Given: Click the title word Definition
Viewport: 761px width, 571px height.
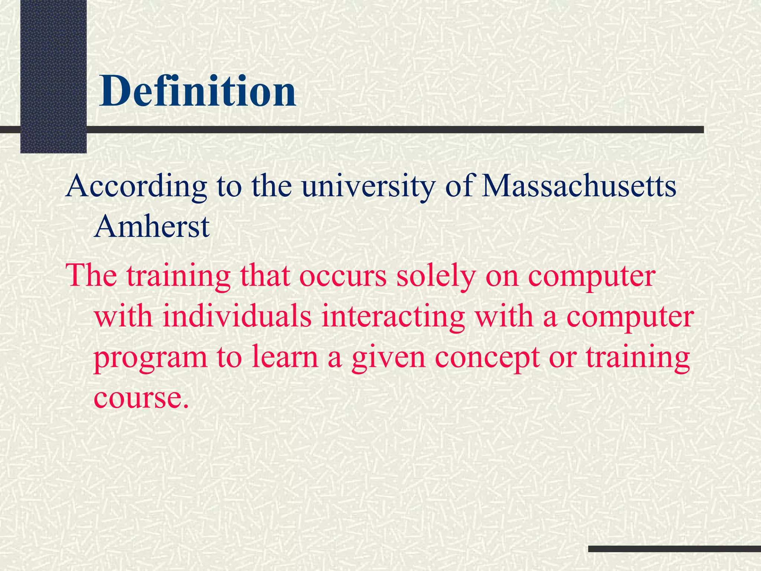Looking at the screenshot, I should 197,91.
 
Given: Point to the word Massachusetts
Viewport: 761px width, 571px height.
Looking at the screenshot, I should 579,186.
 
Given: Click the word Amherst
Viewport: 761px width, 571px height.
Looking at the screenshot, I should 152,226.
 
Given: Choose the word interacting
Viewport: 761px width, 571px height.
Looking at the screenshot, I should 393,317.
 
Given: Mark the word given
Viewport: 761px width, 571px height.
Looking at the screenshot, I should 388,357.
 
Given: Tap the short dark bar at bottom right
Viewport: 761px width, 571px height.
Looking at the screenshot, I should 674,549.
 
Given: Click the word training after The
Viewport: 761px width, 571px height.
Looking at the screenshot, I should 179,277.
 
